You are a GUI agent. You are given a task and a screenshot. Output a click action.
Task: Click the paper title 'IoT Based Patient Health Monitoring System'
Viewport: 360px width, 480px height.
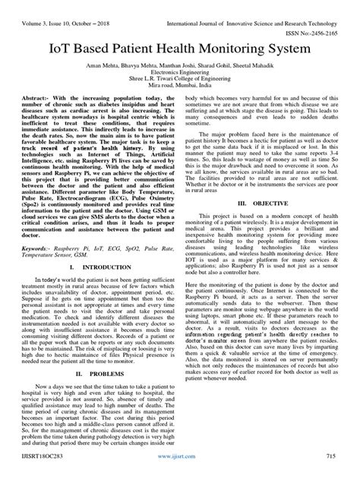coord(179,49)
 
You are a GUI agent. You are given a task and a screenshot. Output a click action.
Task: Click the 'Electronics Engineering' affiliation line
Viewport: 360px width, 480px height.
coord(180,77)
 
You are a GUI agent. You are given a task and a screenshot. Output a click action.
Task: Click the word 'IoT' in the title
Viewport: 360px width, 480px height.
coord(62,49)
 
